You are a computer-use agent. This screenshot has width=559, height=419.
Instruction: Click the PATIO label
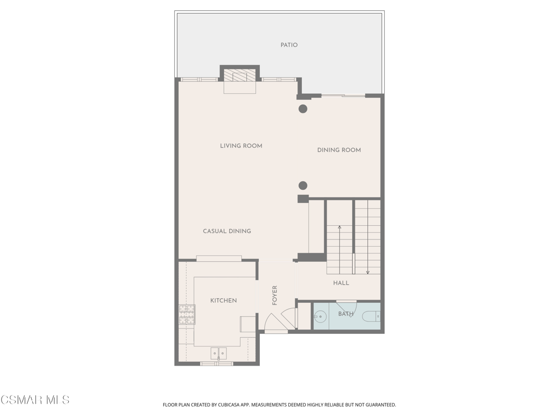coord(289,45)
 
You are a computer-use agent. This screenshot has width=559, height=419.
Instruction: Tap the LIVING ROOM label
coord(241,146)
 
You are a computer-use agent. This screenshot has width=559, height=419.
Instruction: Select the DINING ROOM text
coord(339,150)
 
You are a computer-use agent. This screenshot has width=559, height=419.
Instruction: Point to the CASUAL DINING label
coord(227,231)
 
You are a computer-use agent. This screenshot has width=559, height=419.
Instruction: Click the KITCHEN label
coord(223,301)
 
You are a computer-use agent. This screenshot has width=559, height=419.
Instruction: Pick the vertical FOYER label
coord(275,295)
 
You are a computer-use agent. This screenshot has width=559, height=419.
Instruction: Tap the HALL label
coord(341,283)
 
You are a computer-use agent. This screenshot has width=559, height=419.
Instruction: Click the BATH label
coord(346,314)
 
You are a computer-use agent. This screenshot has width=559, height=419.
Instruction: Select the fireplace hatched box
coord(240,75)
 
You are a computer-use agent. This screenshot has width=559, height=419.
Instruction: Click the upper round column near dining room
coord(302,109)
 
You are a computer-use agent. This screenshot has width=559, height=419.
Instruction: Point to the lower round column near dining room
coord(302,185)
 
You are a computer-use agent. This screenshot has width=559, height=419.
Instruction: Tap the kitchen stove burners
coord(187,315)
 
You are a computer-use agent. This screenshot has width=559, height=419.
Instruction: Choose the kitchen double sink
coord(218,354)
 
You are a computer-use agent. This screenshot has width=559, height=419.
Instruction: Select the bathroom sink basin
coord(320,316)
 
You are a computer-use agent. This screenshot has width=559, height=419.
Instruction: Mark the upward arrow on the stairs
coord(340,249)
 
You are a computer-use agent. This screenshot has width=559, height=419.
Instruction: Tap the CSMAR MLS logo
coord(35,400)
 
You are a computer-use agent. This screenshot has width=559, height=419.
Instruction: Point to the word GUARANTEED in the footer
coord(383,405)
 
